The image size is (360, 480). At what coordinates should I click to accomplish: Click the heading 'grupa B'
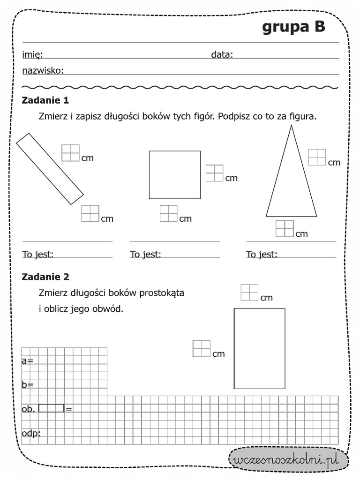(293, 28)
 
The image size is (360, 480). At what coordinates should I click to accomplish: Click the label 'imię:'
(32, 55)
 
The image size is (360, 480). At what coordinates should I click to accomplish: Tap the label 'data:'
(222, 55)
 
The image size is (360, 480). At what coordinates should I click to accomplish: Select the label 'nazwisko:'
(43, 71)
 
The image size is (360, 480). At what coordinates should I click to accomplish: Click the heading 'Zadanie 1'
(45, 100)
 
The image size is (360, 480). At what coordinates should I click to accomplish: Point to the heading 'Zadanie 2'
(45, 277)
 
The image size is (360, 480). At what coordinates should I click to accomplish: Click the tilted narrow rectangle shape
(50, 169)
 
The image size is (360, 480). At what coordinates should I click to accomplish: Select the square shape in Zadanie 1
(174, 174)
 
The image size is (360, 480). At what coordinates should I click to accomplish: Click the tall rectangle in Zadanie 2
(259, 348)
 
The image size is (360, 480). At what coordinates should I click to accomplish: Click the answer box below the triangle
(285, 229)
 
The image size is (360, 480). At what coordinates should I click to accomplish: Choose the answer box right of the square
(214, 173)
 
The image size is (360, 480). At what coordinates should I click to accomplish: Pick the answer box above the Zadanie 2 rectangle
(249, 292)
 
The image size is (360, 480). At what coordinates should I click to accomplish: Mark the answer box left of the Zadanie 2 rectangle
(202, 349)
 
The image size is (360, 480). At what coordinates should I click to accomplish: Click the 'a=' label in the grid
(27, 360)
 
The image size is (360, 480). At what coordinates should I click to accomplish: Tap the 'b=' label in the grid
(27, 385)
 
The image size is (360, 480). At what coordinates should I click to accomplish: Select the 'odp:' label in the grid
(31, 433)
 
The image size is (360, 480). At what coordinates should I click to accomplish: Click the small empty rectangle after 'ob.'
(52, 408)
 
